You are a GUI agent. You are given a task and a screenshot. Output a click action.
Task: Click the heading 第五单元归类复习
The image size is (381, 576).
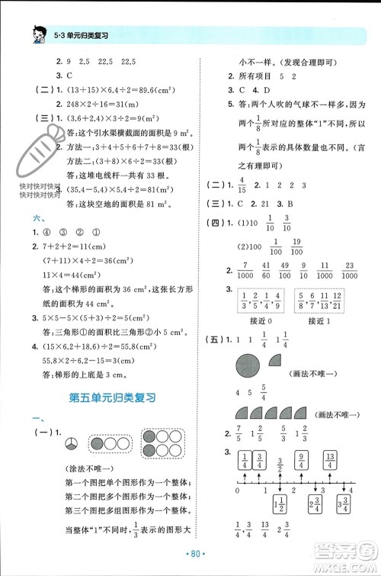point(111,397)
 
